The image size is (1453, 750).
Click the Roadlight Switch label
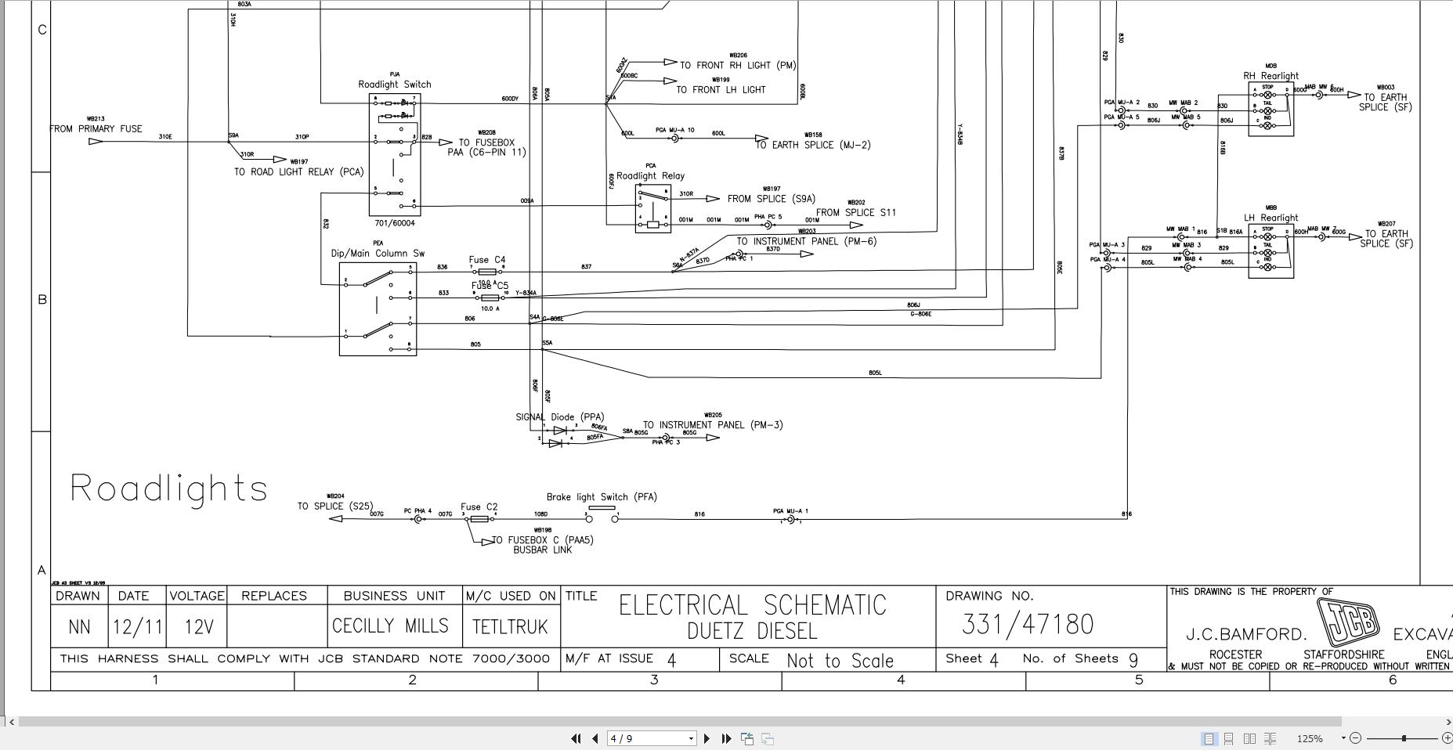[x=395, y=85]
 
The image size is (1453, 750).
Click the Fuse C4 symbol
[x=486, y=272]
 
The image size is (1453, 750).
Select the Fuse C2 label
[x=479, y=507]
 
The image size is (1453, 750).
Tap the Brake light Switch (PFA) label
[x=602, y=497]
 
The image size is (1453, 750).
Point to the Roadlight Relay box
[x=652, y=209]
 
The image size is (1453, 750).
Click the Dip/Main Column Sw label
[x=378, y=254]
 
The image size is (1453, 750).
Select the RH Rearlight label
[x=1270, y=76]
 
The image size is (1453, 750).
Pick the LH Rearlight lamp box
[x=1270, y=251]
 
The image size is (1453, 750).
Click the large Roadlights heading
[x=169, y=489]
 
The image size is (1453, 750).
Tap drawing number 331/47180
[x=1027, y=625]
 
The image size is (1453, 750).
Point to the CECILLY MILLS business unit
[x=390, y=626]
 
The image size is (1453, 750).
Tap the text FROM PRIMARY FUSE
[x=96, y=129]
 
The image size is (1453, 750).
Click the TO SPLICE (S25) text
[x=334, y=507]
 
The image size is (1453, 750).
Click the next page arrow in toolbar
[x=707, y=738]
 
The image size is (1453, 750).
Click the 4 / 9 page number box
[x=651, y=738]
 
